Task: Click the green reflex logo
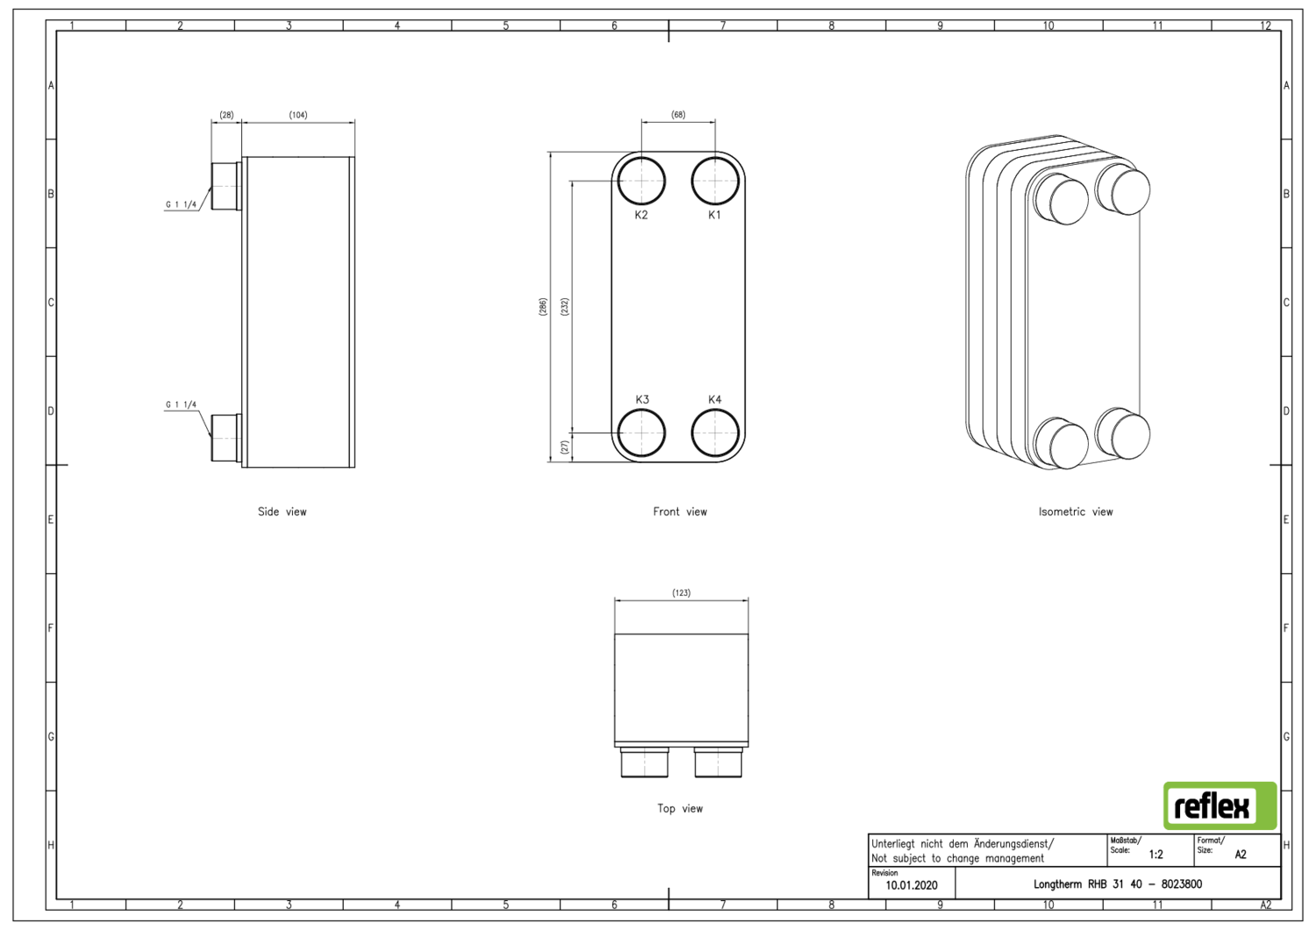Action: (1219, 805)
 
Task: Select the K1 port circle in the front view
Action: (715, 182)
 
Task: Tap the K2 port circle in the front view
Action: (641, 182)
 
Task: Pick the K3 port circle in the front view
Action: (641, 433)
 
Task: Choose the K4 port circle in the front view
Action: (715, 433)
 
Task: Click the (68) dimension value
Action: (678, 115)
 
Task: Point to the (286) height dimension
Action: (543, 307)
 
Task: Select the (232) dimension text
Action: (565, 307)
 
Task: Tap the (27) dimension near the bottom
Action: (565, 447)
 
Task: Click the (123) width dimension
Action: (681, 593)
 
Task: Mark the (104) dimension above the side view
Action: (298, 115)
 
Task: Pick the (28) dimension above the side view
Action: (226, 115)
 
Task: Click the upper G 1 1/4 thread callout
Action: (182, 205)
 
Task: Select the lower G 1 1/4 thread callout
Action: (182, 405)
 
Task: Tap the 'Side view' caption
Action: (282, 511)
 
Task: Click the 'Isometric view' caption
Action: (1076, 511)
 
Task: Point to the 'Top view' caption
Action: (680, 808)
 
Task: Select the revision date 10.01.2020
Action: (911, 885)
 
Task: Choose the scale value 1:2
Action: (1155, 855)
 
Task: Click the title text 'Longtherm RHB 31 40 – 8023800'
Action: (1117, 884)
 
